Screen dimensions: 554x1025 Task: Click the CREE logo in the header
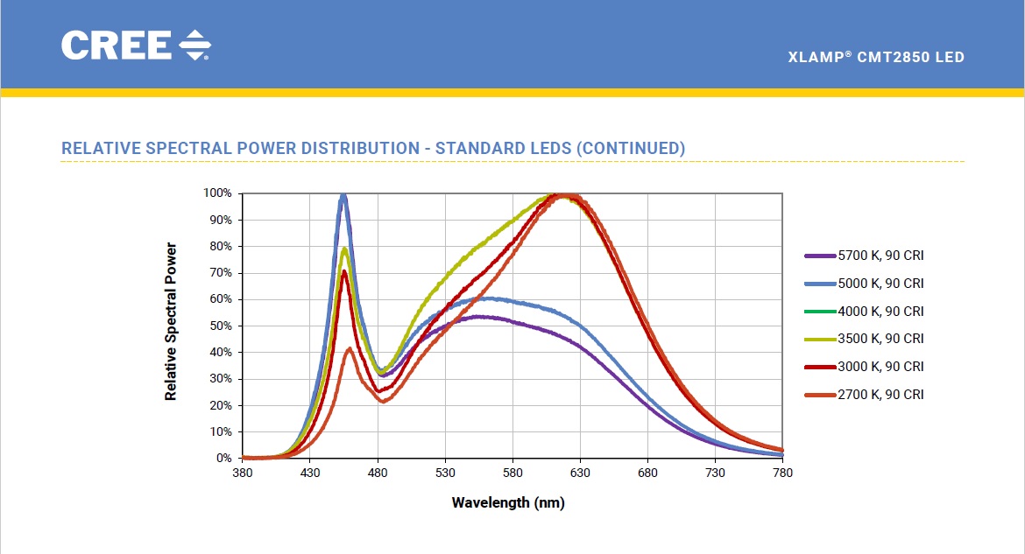click(x=136, y=46)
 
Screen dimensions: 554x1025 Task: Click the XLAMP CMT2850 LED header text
click(x=876, y=58)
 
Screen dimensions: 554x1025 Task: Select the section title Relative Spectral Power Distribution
click(x=373, y=148)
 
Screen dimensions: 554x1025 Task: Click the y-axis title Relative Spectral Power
click(x=171, y=322)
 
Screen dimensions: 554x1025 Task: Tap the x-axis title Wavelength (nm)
click(x=508, y=502)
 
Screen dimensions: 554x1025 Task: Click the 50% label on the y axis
click(x=222, y=326)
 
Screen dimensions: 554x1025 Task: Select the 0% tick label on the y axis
click(x=224, y=458)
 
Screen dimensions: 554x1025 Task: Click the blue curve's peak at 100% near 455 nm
click(x=343, y=196)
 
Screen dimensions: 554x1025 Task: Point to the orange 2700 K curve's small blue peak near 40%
click(x=350, y=349)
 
